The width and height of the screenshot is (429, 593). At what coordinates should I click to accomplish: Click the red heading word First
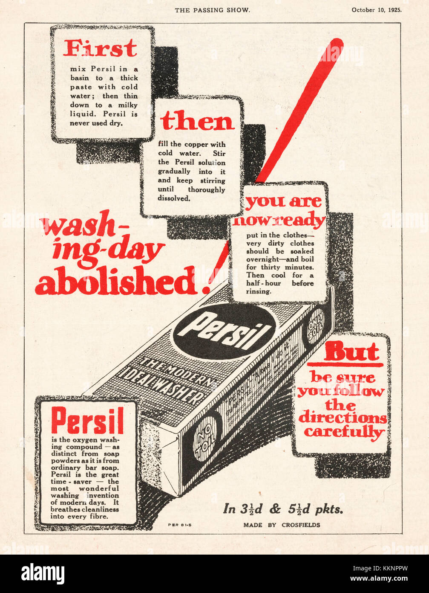(x=101, y=48)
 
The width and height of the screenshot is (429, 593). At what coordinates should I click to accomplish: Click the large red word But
(x=351, y=352)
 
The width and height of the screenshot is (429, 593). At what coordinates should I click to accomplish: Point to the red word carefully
(x=344, y=432)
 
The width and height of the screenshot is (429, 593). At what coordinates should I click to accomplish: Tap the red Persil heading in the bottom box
(x=87, y=420)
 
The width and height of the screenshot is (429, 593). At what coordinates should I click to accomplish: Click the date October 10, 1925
(x=376, y=10)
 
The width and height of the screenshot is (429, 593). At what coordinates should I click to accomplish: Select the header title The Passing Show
(x=212, y=10)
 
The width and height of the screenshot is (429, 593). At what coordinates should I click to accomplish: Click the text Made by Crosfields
(x=282, y=525)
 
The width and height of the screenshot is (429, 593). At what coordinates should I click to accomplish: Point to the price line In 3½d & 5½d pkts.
(x=283, y=509)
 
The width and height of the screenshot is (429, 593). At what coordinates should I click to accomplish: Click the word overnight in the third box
(x=260, y=259)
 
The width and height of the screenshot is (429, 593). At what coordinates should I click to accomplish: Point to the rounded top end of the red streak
(x=336, y=44)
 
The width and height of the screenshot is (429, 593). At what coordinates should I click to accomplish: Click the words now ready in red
(x=279, y=221)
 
